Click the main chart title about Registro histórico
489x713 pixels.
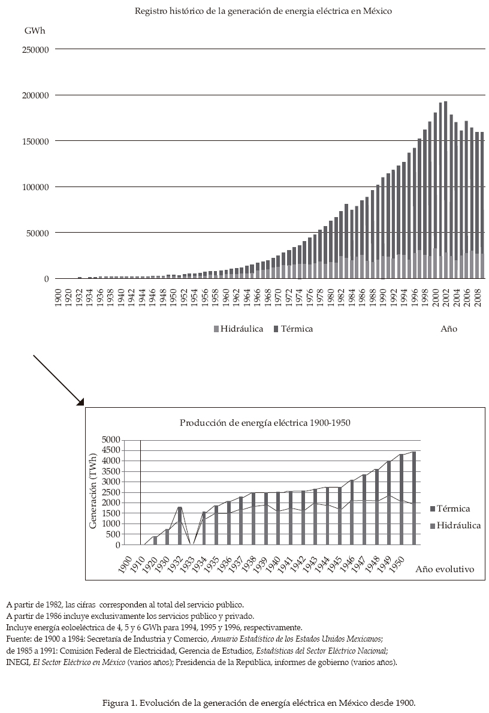click(x=263, y=11)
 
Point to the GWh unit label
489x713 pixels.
click(x=34, y=30)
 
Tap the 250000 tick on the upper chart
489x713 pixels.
click(x=35, y=49)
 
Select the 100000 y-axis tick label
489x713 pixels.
click(x=35, y=187)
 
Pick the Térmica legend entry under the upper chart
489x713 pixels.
click(x=293, y=329)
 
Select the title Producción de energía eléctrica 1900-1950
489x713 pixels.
click(x=265, y=422)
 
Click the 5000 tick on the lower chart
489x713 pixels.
click(x=111, y=440)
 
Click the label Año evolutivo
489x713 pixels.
click(x=445, y=569)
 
